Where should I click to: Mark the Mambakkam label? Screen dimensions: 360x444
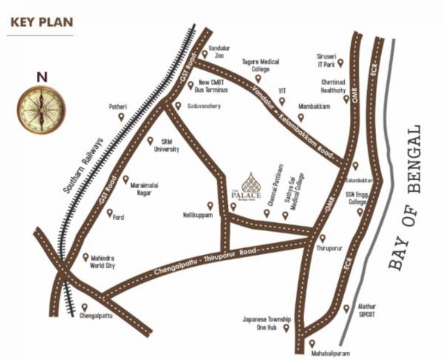[314, 107]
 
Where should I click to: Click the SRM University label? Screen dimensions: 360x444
[166, 145]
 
